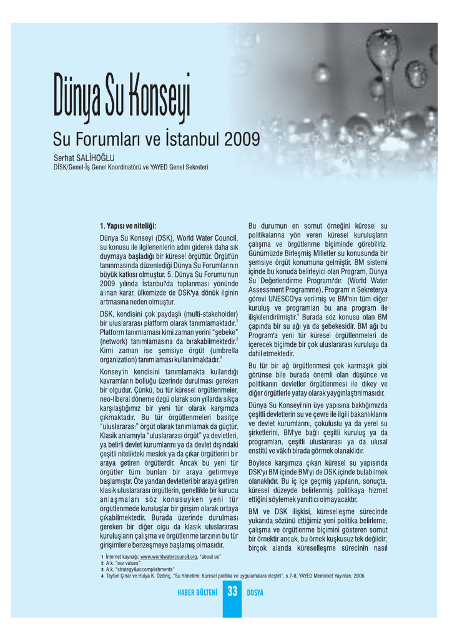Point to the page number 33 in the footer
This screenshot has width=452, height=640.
(232, 591)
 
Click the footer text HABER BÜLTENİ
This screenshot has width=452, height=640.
(198, 592)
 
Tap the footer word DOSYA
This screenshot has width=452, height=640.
(255, 592)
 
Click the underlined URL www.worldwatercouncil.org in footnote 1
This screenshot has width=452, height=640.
(169, 556)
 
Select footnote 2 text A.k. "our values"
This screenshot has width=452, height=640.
(123, 563)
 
